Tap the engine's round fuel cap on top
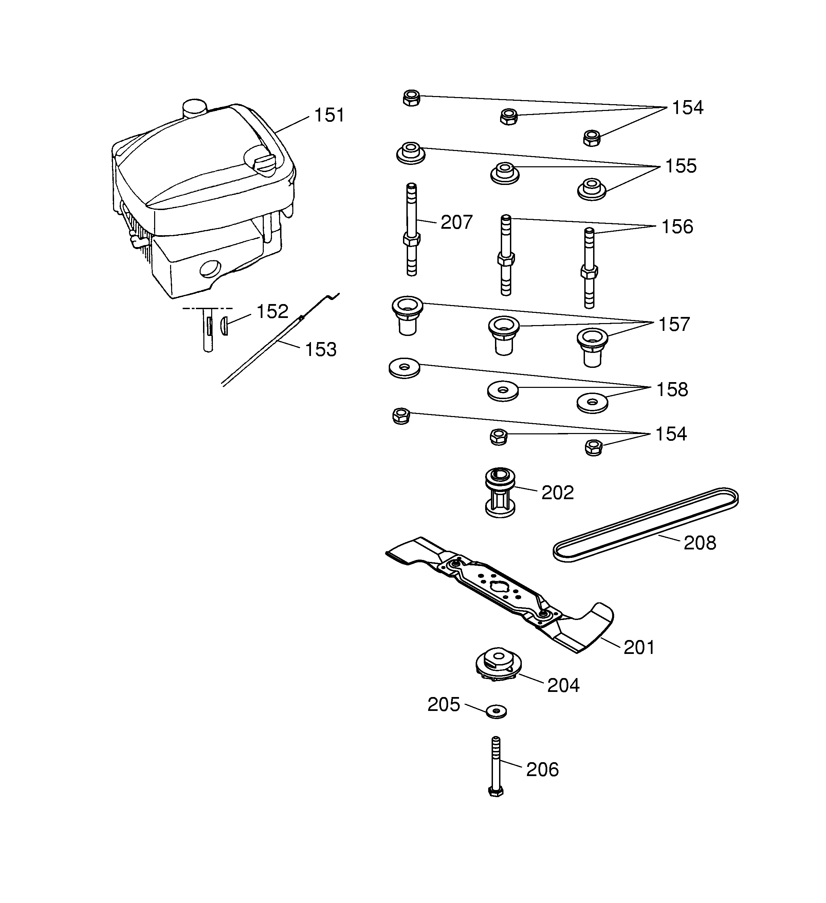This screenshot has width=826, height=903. [x=194, y=108]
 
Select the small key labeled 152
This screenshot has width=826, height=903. [x=224, y=325]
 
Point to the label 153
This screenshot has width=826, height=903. [x=320, y=350]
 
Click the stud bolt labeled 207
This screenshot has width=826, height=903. [x=411, y=229]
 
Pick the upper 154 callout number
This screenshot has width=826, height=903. [x=687, y=108]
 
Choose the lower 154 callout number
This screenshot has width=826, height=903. [x=671, y=434]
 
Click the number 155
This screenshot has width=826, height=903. [x=681, y=166]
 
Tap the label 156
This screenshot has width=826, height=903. [x=677, y=227]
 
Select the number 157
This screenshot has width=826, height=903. [x=674, y=325]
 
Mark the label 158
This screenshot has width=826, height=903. [x=672, y=390]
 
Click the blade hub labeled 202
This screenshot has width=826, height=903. [x=500, y=493]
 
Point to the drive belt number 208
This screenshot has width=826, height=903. [x=700, y=543]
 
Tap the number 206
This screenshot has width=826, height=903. [x=542, y=770]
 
